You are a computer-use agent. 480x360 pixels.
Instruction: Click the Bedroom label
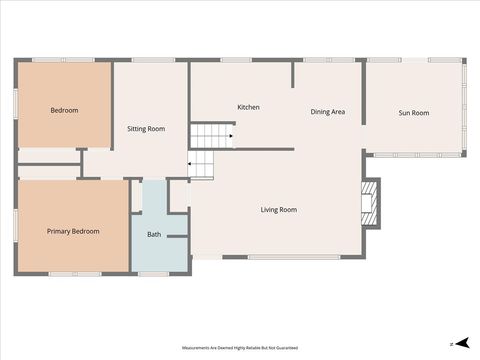coord(64,110)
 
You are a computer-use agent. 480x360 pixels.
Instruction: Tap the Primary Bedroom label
coord(73,231)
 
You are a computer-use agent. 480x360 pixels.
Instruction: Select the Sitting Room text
coord(146,129)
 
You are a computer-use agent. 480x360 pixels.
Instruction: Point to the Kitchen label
coord(248,107)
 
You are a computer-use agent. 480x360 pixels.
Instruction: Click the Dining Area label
coord(327,112)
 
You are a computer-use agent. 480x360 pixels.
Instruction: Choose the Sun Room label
coord(414,113)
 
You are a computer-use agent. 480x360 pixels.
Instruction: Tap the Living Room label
coord(279,210)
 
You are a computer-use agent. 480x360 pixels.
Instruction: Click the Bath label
coord(154,235)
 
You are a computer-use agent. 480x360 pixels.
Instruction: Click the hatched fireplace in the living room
coord(371,204)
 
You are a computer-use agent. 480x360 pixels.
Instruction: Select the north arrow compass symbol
coord(453,343)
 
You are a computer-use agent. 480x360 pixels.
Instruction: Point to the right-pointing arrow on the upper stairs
coord(230,136)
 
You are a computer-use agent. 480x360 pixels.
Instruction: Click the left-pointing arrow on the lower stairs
coord(191,163)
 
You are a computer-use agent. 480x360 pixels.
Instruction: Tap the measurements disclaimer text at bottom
coord(240,347)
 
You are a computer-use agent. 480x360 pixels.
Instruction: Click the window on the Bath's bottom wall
coord(153,273)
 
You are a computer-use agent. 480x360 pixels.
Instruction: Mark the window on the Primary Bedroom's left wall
coord(16,225)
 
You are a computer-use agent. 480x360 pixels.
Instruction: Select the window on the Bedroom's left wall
coord(16,104)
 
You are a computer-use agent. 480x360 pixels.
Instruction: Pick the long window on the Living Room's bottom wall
coord(292,258)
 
